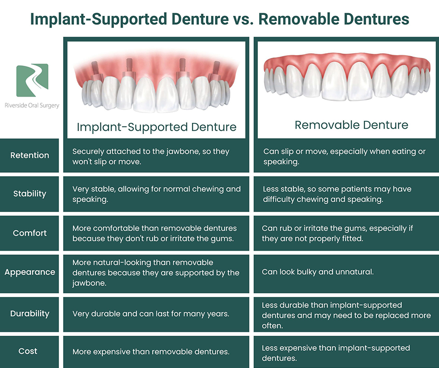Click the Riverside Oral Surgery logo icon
(x=32, y=80)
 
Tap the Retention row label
(x=30, y=155)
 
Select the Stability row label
(x=30, y=193)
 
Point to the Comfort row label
(x=30, y=233)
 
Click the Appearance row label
(x=30, y=272)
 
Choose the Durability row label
(x=30, y=313)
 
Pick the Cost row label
(x=28, y=351)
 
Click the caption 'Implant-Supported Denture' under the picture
(x=156, y=127)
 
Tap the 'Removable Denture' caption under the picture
(x=351, y=125)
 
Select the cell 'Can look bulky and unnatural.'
(x=318, y=272)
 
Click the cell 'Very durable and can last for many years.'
(x=151, y=314)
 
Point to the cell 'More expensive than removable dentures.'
(x=151, y=352)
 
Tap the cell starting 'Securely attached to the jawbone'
(x=151, y=156)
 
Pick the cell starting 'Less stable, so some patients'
(x=337, y=194)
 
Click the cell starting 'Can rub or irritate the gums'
(x=337, y=234)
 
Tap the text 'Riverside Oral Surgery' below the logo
(x=32, y=106)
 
